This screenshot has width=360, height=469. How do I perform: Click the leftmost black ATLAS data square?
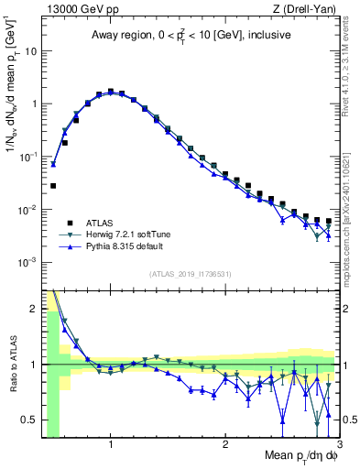point(53,186)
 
